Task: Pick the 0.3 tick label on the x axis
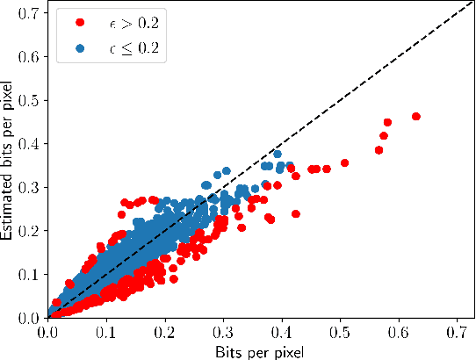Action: coord(223,333)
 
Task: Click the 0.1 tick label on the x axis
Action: coord(106,333)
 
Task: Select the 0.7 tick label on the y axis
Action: coord(29,13)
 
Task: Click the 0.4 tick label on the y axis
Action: coord(29,143)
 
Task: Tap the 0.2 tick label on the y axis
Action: coord(29,230)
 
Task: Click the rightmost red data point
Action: coord(416,116)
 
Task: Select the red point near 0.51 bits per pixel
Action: coord(345,162)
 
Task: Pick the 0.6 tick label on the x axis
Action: coord(399,333)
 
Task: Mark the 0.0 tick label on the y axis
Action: coord(29,317)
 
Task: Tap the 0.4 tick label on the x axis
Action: coord(282,333)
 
